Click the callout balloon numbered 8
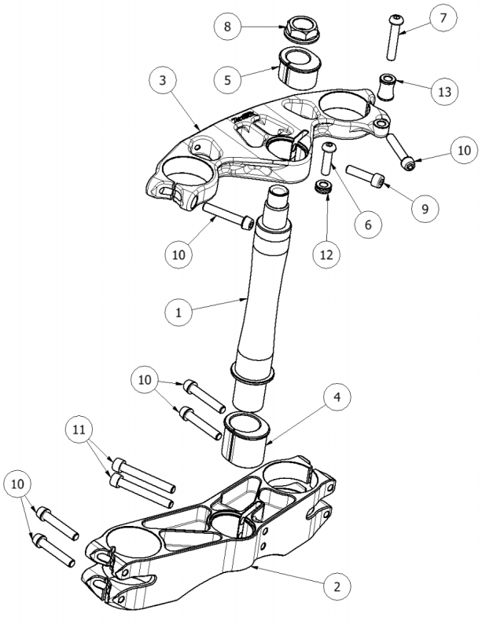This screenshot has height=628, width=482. [x=227, y=27]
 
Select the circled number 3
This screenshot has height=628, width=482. [x=161, y=81]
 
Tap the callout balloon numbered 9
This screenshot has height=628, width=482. [x=425, y=209]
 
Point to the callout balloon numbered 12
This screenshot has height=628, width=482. [x=325, y=254]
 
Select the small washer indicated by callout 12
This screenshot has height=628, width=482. [x=322, y=188]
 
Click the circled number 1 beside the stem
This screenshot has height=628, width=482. [x=178, y=312]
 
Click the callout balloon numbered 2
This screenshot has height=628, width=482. [x=337, y=586]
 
